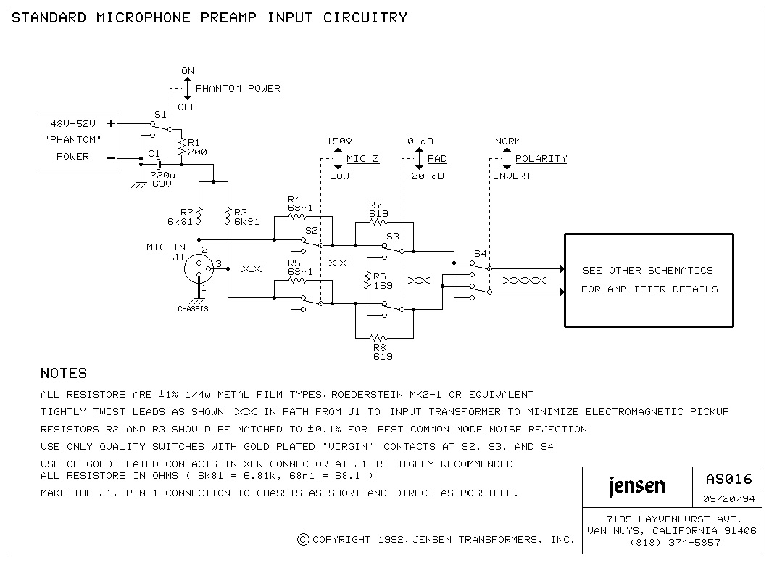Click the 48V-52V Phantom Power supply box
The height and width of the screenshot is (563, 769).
click(x=76, y=141)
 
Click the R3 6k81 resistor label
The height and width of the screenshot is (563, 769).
click(x=246, y=216)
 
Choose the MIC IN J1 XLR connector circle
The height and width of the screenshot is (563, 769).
click(x=199, y=268)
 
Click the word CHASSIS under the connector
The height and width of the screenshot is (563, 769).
click(x=193, y=309)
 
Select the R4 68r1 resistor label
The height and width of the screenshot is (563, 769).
click(x=299, y=203)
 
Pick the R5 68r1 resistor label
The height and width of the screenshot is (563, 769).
click(x=299, y=267)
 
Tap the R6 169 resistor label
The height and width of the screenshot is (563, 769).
click(x=383, y=281)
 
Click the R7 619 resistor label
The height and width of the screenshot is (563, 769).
click(x=378, y=209)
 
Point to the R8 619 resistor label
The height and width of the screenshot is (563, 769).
click(x=382, y=353)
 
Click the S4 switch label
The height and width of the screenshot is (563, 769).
click(x=480, y=254)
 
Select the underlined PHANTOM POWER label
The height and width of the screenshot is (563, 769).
click(x=238, y=89)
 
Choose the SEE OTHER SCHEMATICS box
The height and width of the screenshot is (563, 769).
click(x=649, y=280)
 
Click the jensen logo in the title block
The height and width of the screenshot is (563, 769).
click(x=636, y=485)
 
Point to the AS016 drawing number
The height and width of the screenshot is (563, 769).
click(x=728, y=480)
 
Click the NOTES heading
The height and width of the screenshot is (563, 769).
click(x=64, y=374)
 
